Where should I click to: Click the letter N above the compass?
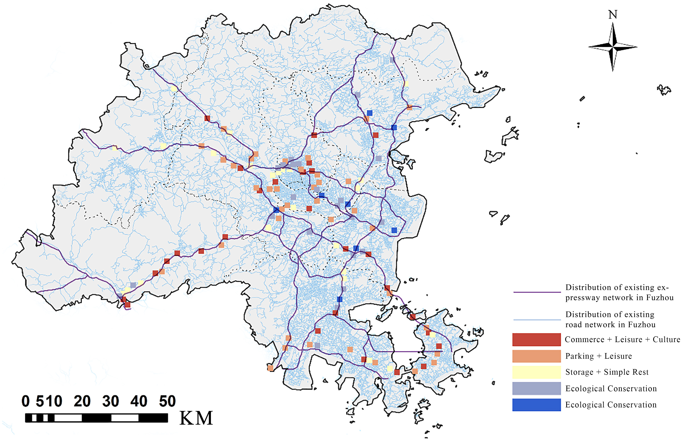tap(612, 15)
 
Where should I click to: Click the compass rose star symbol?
tap(612, 47)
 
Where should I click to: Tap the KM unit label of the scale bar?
tap(196, 418)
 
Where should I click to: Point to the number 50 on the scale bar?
tap(167, 401)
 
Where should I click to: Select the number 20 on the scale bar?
tap(82, 401)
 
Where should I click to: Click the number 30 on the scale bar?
tap(111, 401)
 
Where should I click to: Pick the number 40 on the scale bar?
tap(139, 401)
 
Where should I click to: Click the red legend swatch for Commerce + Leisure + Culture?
tap(536, 339)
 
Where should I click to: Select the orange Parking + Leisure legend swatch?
tap(536, 356)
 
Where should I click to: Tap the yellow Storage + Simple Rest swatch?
tap(536, 372)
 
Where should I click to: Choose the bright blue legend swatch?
tap(536, 405)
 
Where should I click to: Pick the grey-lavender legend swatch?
tap(536, 388)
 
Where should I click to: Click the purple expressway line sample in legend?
tap(537, 292)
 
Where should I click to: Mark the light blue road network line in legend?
tap(537, 320)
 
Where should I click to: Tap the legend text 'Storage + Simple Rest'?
tap(607, 372)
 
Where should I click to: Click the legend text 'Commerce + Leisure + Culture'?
tap(622, 339)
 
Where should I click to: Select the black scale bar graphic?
tap(97, 418)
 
